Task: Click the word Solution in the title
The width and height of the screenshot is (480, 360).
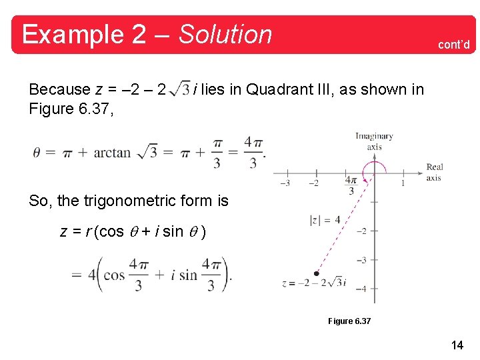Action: [225, 34]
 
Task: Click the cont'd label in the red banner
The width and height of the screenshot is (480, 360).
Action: [453, 45]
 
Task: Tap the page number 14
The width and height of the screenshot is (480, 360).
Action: [457, 345]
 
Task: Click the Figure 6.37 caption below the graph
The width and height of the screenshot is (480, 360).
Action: [349, 321]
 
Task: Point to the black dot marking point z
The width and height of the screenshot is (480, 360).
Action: [316, 273]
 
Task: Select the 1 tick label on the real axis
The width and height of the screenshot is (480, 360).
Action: [403, 183]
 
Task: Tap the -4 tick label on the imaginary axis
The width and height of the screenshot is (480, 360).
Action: [361, 289]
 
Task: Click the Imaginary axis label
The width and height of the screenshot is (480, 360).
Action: [374, 141]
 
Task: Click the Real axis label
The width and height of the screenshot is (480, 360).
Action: [434, 172]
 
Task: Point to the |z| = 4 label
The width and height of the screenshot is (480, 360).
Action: [325, 219]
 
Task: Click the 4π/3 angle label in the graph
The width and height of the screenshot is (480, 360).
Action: [351, 185]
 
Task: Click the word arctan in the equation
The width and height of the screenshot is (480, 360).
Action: [112, 153]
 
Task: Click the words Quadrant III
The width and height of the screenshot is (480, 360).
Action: [279, 89]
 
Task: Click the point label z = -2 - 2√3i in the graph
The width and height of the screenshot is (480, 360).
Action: [314, 283]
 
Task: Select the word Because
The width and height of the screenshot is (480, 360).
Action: [59, 89]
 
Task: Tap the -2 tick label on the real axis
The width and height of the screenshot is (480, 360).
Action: [313, 183]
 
